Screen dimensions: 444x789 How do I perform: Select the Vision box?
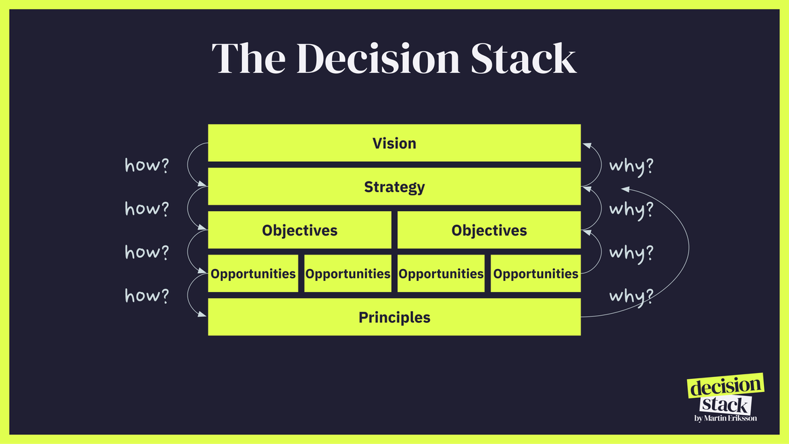coord(394,143)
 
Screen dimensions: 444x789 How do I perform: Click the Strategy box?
coord(394,187)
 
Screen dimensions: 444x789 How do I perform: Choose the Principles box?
coord(394,318)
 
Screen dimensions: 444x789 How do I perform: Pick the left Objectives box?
coord(300,230)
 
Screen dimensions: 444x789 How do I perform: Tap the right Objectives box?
coord(489,230)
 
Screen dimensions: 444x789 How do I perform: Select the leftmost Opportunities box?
coord(253,274)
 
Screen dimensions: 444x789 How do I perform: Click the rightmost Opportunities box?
coord(536,274)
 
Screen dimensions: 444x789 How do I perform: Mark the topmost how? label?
coord(147,166)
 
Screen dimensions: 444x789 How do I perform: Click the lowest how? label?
coord(147,296)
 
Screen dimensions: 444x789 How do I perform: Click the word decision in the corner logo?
coord(726,387)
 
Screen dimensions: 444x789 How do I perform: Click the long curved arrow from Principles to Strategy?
coord(687,250)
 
